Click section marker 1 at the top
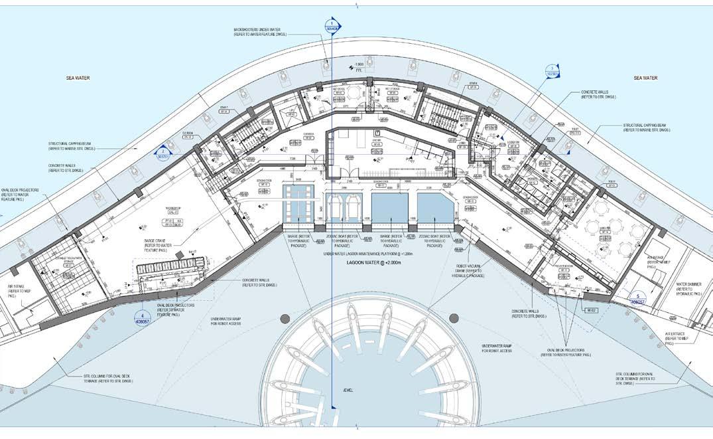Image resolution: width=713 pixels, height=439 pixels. pos(332,26)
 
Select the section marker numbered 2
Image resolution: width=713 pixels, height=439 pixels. pos(162,154)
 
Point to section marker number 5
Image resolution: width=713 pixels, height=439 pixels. pos(637,298)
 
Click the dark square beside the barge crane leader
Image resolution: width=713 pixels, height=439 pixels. pos(192,251)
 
